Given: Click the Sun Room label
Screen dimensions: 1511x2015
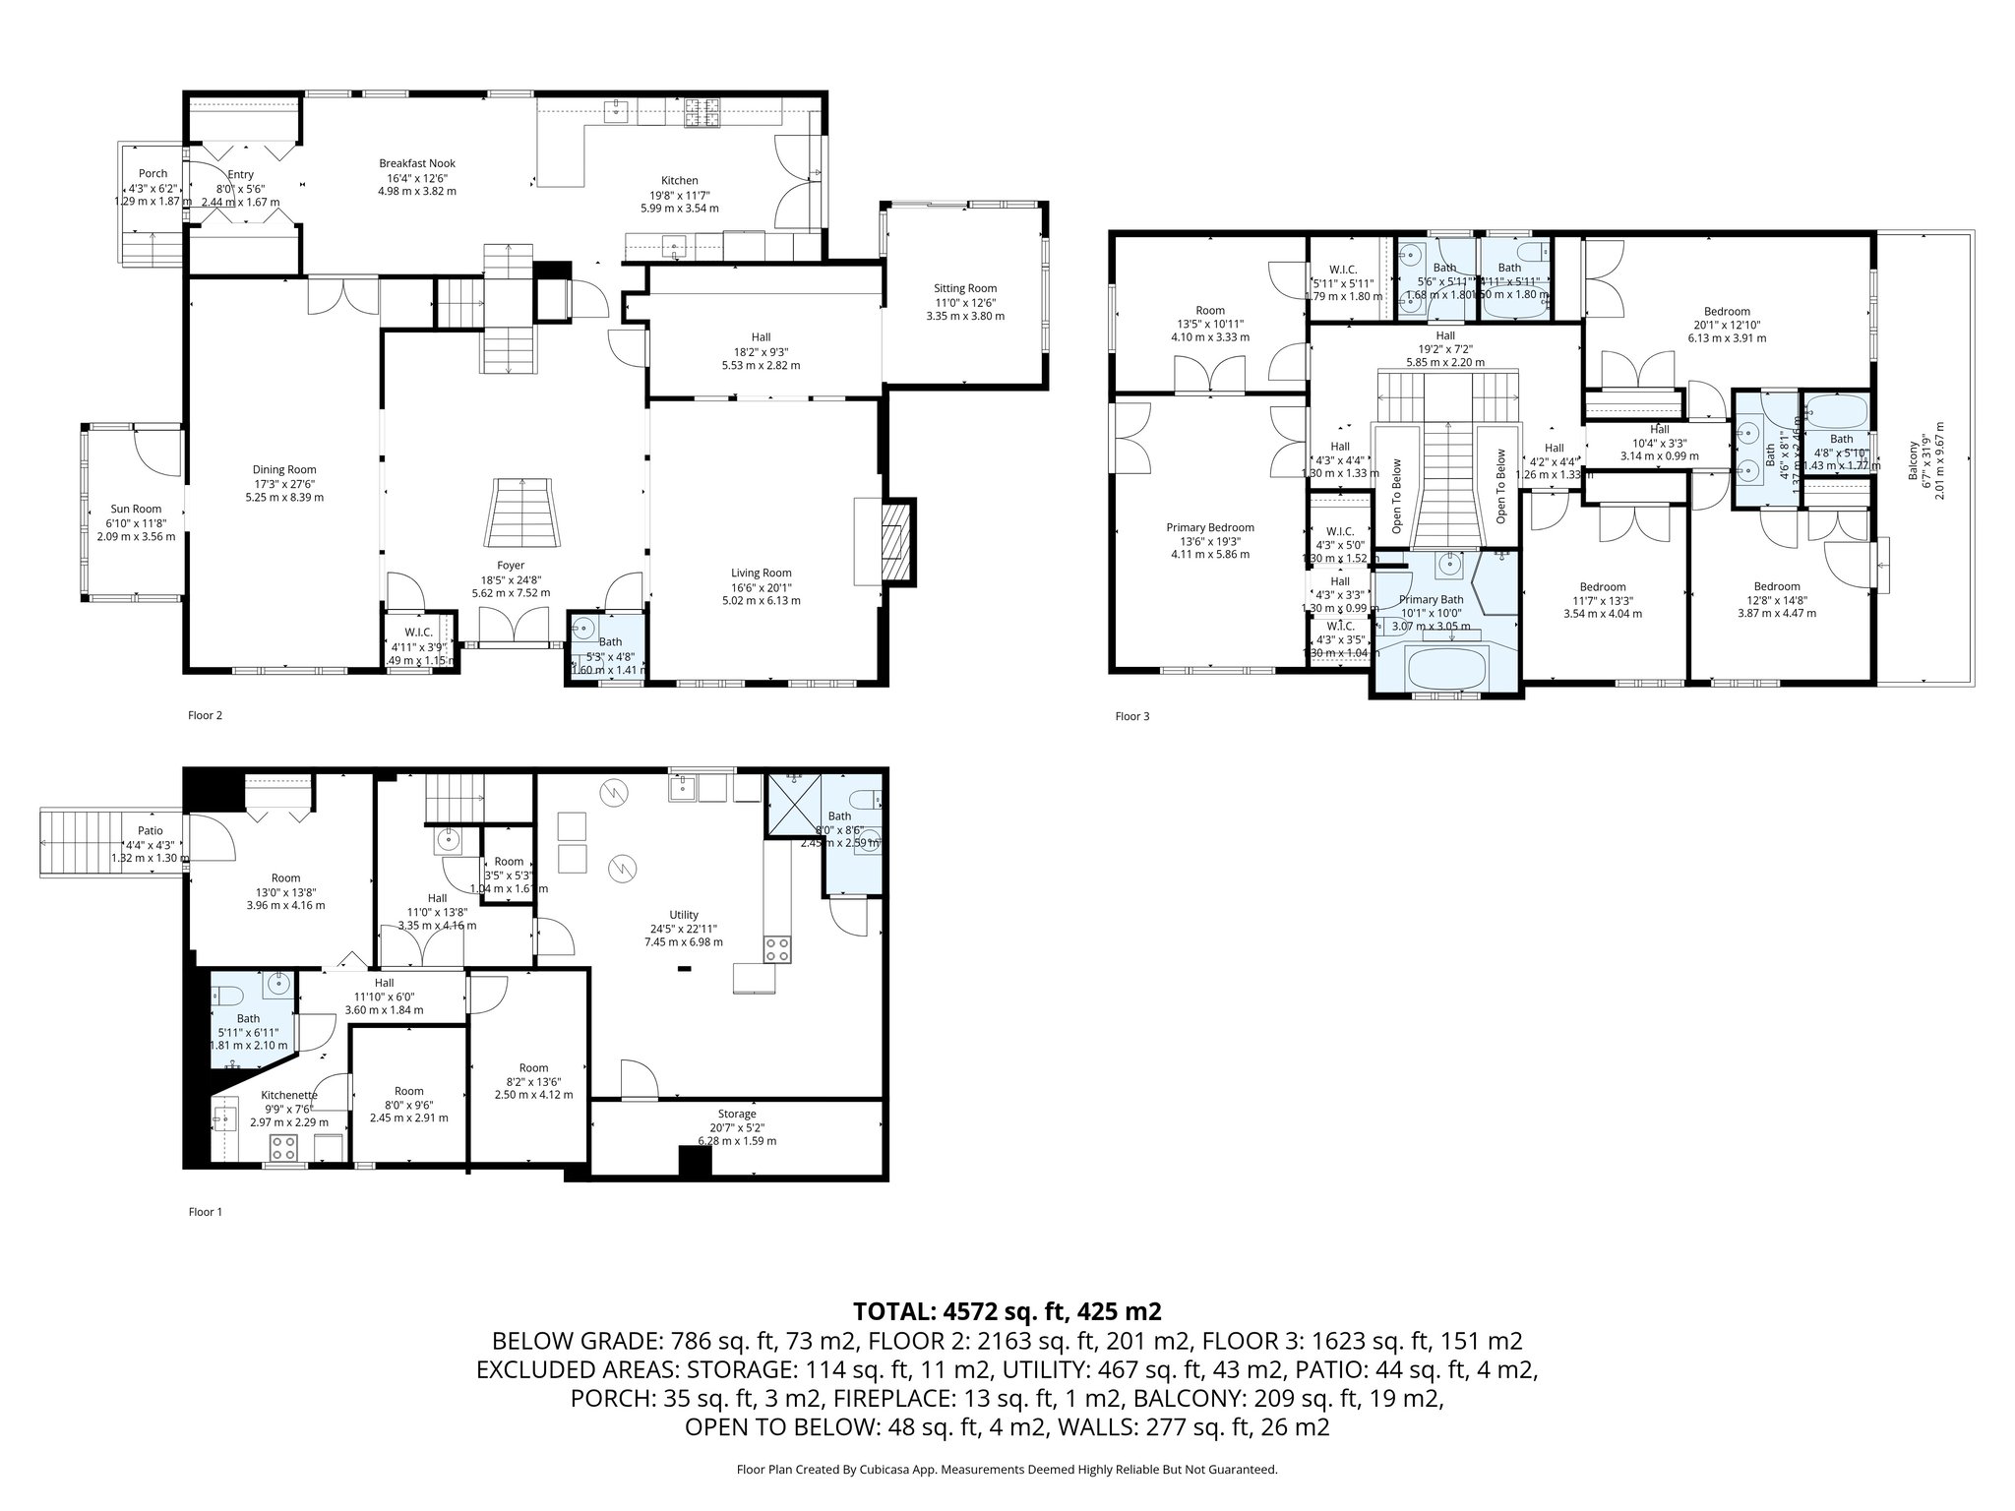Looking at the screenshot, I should pos(136,509).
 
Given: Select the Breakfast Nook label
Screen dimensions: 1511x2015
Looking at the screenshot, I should pos(417,163).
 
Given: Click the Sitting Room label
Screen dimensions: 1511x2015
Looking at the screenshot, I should pos(965,288).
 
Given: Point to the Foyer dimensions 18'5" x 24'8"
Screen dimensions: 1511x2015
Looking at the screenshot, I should pos(510,579).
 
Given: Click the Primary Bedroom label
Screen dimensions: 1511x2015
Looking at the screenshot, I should pos(1210,527).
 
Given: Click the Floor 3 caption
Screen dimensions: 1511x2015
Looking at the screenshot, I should pos(1131,716).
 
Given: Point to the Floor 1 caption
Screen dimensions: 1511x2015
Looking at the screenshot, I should pos(205,1212).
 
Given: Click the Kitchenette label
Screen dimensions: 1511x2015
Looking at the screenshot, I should pos(289,1095).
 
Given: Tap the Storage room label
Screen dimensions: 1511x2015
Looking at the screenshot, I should pos(737,1114).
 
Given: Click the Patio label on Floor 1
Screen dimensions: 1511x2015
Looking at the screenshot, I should pos(151,831).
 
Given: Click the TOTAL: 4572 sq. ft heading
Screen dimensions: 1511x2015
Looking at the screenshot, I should pos(1007,1311).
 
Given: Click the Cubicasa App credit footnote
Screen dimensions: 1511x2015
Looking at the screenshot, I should pos(1007,1470).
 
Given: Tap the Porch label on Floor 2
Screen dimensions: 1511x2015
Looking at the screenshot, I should pos(153,173).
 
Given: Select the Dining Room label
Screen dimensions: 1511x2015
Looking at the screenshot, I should pos(284,469).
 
